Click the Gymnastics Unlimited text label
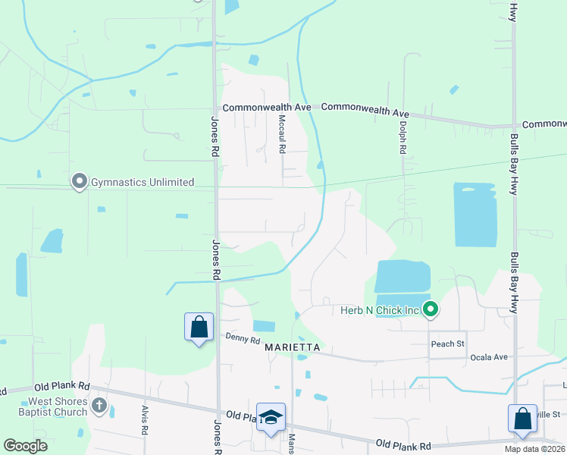tap(143, 182)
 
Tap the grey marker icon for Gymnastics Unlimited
tap(79, 182)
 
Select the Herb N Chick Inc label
tap(380, 309)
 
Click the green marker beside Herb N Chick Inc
tap(431, 309)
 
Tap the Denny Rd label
tap(243, 340)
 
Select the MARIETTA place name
tap(293, 347)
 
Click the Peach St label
tap(447, 344)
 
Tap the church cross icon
tap(99, 406)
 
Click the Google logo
tap(24, 446)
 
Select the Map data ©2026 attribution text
tap(534, 449)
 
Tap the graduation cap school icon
tap(271, 418)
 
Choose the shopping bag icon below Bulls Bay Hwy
tap(522, 419)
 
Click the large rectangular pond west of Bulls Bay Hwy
tap(475, 215)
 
